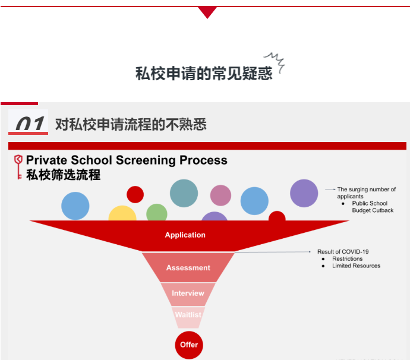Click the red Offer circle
coord(189,345)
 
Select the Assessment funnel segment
coord(188,268)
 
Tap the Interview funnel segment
coord(188,293)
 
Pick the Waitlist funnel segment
coord(189,315)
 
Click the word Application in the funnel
coord(185,235)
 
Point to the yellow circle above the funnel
coord(122,214)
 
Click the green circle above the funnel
coord(157,212)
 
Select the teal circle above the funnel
coord(184,193)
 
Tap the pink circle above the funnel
coord(220,195)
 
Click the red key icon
coord(18,166)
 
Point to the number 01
coord(29,124)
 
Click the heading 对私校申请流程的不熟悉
coord(131,124)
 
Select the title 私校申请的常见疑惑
coord(204,73)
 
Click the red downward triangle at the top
coord(207,12)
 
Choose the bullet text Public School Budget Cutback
coord(373,207)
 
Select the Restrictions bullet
coord(348,259)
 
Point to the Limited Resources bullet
coord(356,266)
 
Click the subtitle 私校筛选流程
coord(64,175)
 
